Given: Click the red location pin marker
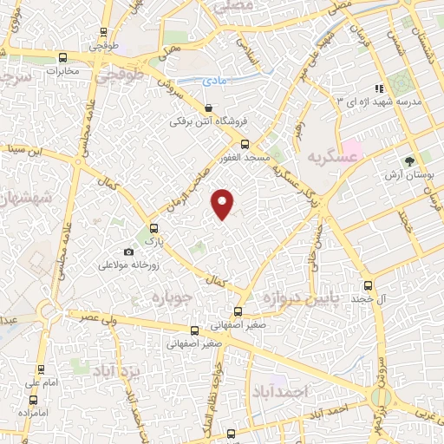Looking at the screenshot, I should (x=223, y=203).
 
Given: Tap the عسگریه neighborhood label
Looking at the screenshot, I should (x=332, y=157).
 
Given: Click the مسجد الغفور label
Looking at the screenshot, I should (x=245, y=158).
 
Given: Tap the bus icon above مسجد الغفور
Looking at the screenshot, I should (x=245, y=144).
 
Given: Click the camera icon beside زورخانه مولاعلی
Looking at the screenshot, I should (x=128, y=251).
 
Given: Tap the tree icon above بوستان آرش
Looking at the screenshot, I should (x=411, y=161).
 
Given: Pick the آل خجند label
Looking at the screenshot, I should (x=369, y=299).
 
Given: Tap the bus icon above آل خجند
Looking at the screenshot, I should (x=369, y=285).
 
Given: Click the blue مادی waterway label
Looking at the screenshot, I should (x=214, y=80).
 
